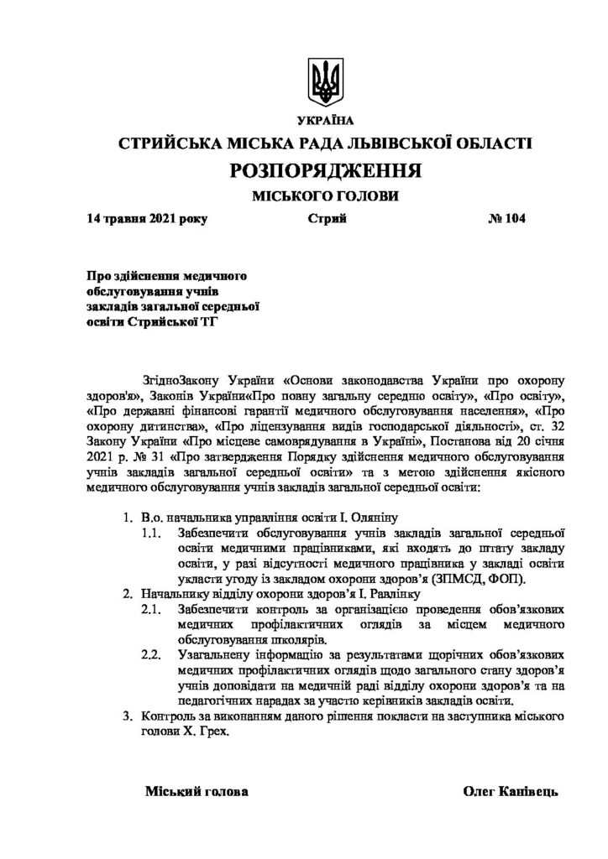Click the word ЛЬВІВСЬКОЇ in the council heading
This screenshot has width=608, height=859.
click(x=387, y=144)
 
